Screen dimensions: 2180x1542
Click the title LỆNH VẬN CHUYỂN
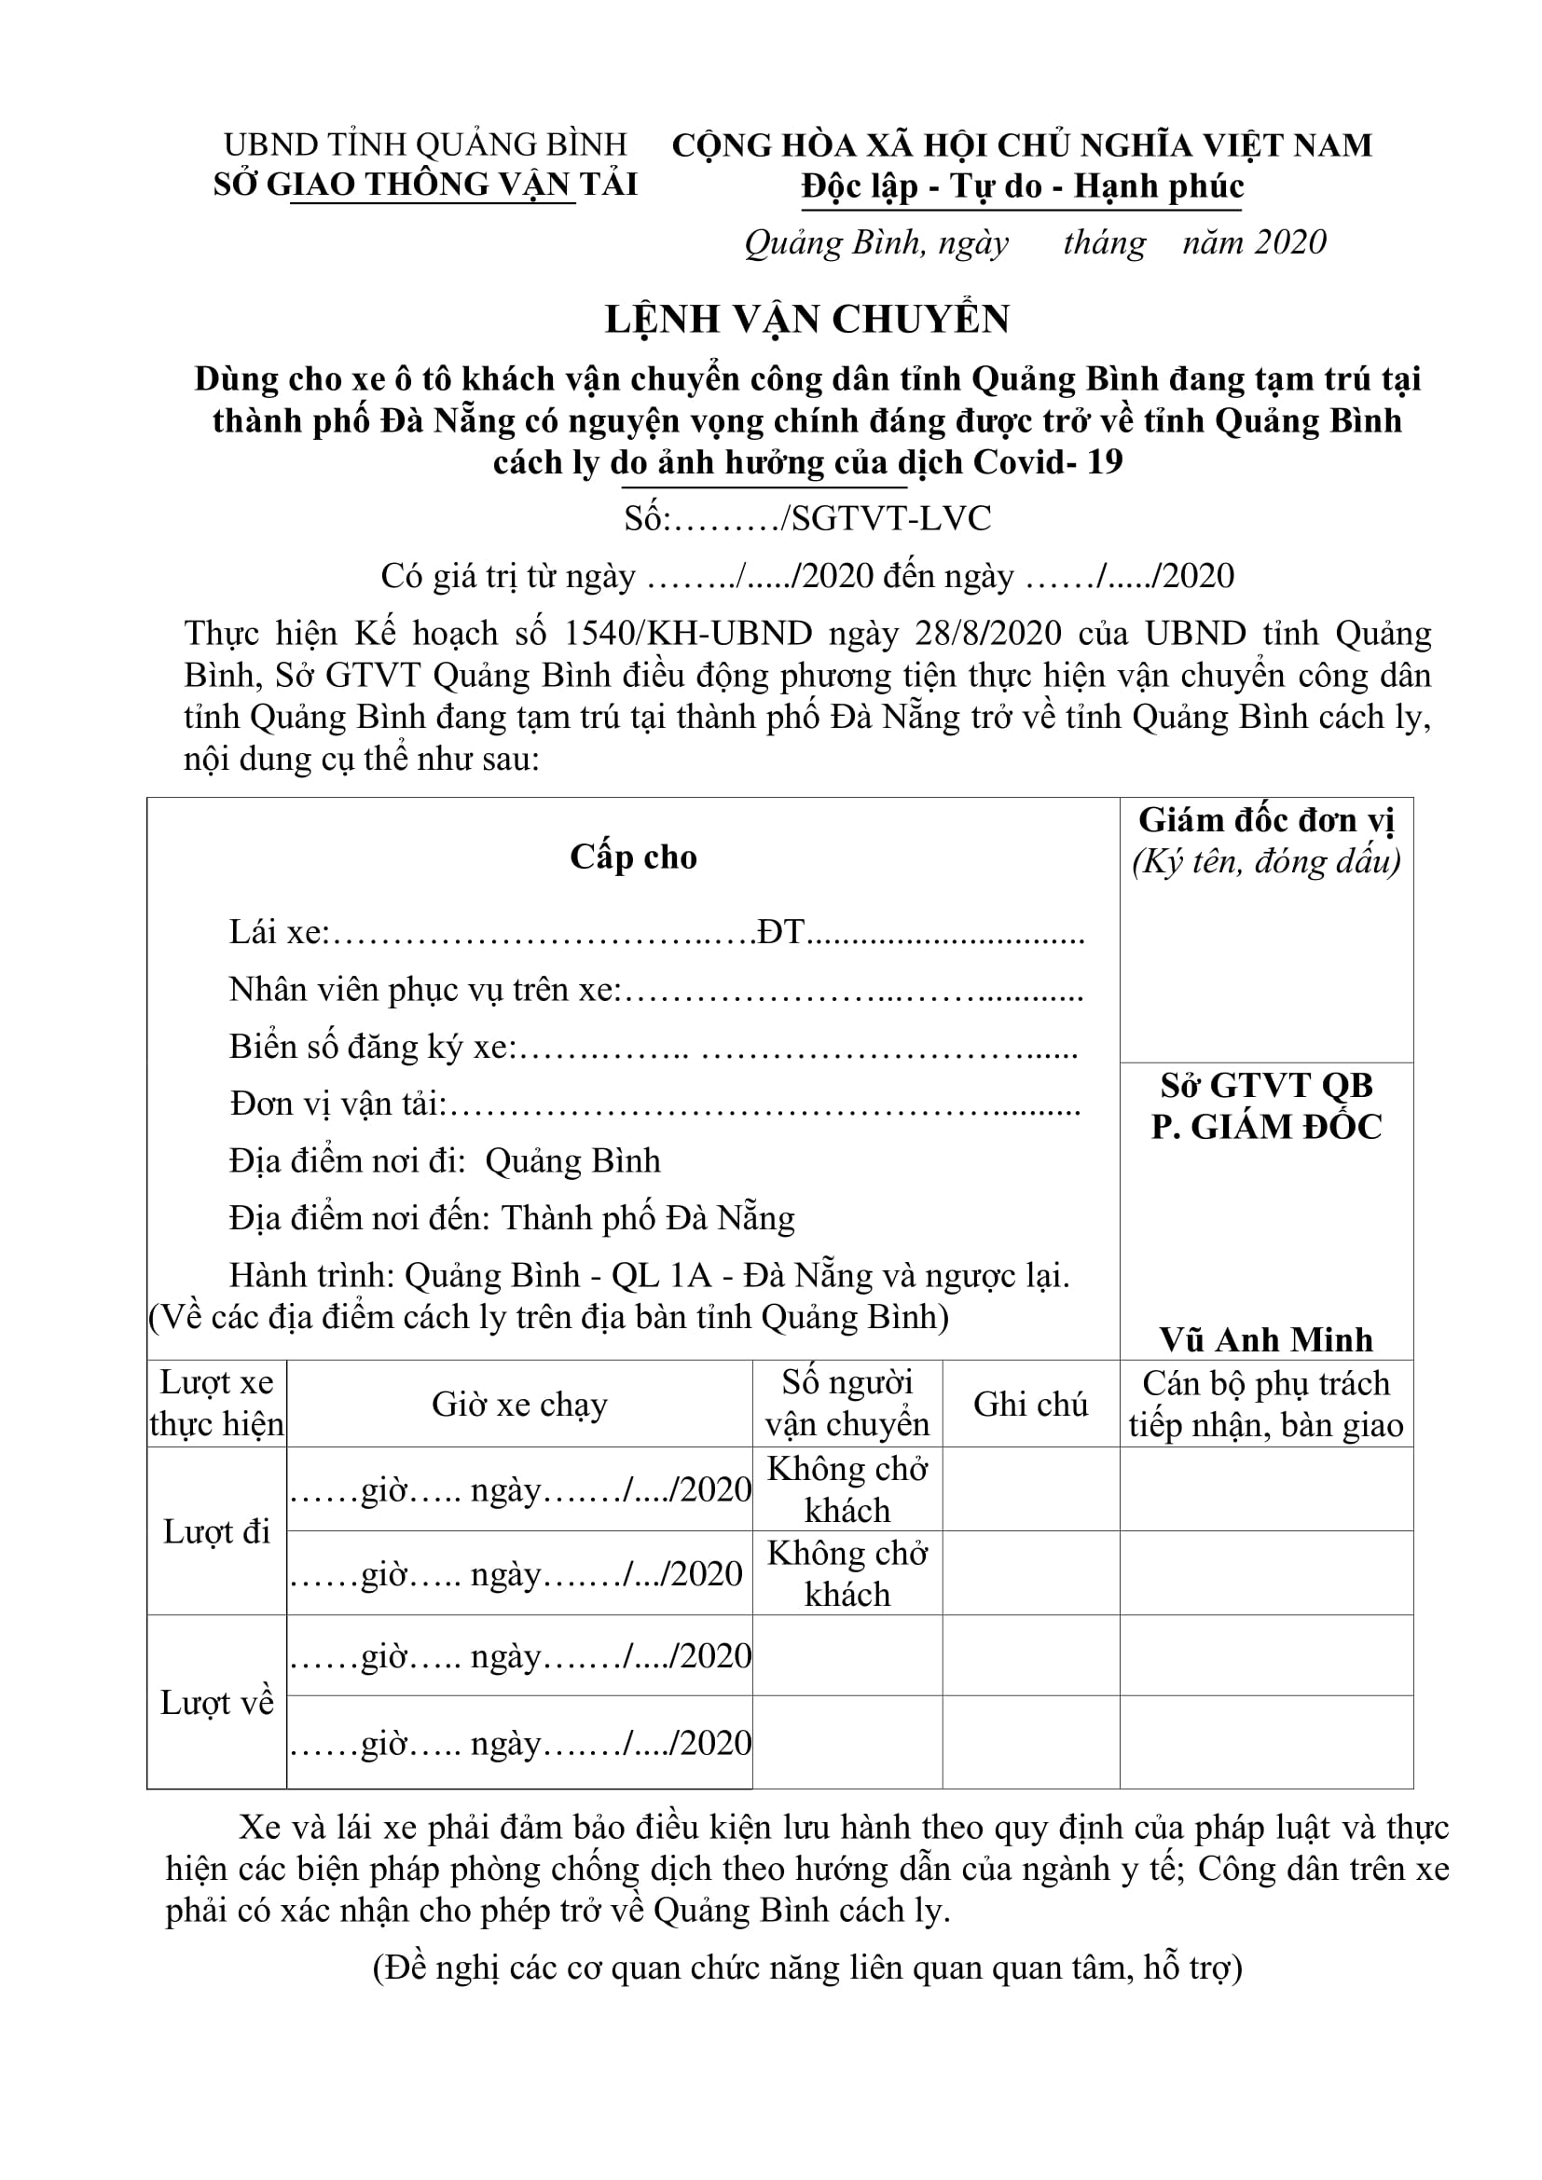(807, 320)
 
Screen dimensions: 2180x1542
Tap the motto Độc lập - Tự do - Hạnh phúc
(1022, 186)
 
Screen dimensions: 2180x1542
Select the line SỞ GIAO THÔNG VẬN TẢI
(425, 185)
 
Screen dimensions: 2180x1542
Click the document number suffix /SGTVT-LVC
(885, 518)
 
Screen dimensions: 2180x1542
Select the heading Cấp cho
(633, 857)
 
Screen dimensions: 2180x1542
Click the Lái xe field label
(276, 932)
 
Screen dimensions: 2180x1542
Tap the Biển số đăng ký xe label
(370, 1048)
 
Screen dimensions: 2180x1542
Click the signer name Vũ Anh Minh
(1266, 1339)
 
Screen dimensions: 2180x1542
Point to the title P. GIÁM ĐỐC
(1266, 1127)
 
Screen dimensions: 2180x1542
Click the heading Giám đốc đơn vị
(1266, 820)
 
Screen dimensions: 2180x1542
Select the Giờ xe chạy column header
(519, 1405)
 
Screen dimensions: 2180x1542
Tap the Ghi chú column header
(1030, 1405)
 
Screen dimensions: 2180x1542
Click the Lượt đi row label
(216, 1531)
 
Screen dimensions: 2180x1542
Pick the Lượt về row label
(216, 1703)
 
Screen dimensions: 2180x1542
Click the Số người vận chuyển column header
(847, 1405)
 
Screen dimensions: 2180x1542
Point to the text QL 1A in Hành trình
(661, 1275)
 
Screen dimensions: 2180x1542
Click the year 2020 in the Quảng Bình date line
(1290, 243)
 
